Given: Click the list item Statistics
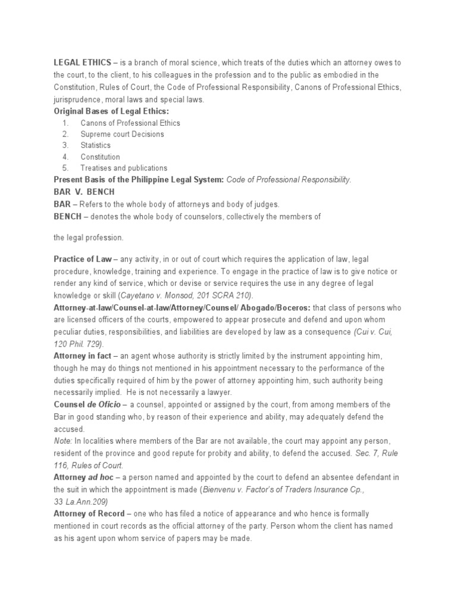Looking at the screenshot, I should click(96, 145).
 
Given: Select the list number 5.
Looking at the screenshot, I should click(65, 168).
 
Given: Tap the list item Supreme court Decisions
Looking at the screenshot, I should click(122, 134).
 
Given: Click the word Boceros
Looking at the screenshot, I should click(290, 307).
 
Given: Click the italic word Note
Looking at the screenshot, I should click(62, 441).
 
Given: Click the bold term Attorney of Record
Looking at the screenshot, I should click(89, 513).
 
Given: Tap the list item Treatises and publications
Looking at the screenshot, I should click(124, 168).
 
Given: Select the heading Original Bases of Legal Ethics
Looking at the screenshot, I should click(111, 111).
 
